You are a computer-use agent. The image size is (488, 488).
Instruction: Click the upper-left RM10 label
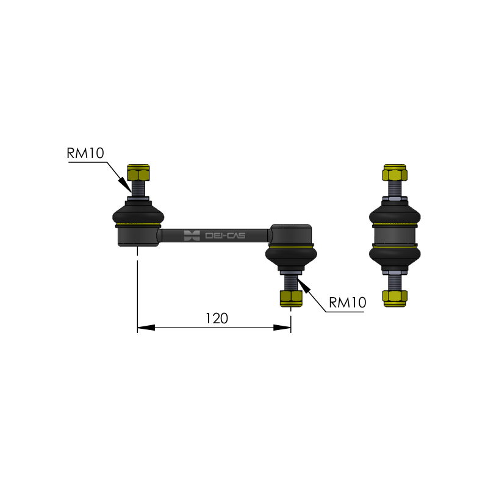tap(85, 153)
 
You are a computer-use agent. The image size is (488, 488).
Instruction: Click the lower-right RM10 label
tap(347, 303)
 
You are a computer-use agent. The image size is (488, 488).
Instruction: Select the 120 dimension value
tap(217, 318)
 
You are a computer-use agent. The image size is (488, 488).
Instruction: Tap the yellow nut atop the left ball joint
tap(138, 173)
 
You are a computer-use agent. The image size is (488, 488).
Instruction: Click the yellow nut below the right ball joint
tap(291, 298)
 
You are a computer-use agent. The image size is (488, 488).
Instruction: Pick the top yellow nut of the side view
tap(395, 173)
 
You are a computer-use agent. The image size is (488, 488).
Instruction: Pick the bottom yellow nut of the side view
tap(395, 298)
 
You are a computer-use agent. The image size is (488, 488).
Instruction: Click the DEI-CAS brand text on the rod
tap(225, 235)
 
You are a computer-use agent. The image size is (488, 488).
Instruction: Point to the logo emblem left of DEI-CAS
tap(192, 235)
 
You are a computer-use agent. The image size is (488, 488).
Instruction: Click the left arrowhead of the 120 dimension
tap(146, 328)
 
